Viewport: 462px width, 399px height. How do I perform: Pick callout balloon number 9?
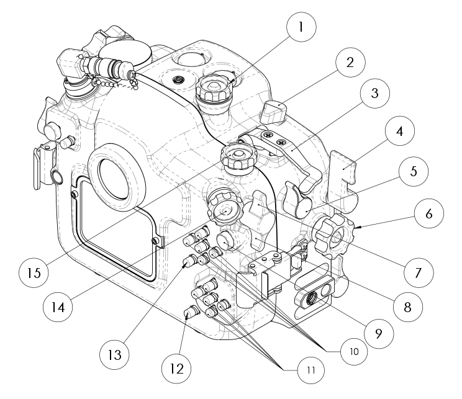[x=378, y=332]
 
